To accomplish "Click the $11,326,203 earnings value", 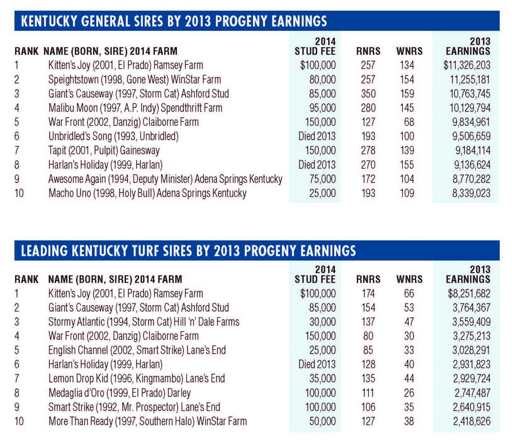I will [466, 65].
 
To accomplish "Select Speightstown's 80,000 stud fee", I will [322, 80].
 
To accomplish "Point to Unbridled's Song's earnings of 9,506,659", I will [471, 136].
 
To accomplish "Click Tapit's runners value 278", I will [368, 151].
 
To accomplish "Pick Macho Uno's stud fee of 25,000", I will [322, 193].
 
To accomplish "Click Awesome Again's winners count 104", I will [407, 179].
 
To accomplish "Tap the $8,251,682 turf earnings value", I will [469, 294].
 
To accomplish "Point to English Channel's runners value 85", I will [368, 350].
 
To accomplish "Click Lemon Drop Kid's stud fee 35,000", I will [322, 379].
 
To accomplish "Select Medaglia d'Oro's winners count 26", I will [409, 393].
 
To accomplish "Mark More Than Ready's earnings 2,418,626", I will [471, 421].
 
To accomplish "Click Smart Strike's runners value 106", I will [368, 407].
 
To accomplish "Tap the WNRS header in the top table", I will [409, 51].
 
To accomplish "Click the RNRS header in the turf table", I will [368, 279].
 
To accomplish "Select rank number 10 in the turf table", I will [19, 421].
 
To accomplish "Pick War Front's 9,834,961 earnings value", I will [471, 122].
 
